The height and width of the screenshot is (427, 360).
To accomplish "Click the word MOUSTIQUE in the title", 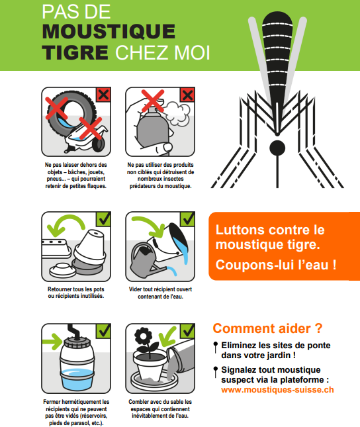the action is click(x=109, y=32).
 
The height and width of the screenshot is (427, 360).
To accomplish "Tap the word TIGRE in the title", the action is click(x=75, y=52).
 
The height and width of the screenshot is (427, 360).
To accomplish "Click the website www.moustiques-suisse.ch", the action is click(x=277, y=390).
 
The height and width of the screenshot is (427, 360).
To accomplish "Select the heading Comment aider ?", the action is click(x=267, y=328).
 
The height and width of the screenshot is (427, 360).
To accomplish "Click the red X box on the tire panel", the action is click(x=103, y=95).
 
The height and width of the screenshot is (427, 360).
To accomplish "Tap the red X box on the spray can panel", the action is click(x=187, y=95).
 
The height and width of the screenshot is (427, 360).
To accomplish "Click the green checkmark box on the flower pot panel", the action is click(x=187, y=331).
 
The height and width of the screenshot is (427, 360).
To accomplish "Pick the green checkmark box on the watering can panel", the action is click(x=187, y=219).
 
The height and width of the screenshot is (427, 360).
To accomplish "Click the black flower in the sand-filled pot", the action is click(x=143, y=336).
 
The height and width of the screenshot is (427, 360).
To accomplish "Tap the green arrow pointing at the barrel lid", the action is click(x=53, y=342).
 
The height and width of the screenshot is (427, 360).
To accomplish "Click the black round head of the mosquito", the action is click(x=277, y=148).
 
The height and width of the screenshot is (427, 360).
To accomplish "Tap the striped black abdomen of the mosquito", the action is click(x=277, y=63).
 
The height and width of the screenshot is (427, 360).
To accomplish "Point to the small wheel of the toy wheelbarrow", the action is click(x=99, y=145).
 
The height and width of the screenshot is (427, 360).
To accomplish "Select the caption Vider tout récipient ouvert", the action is click(x=160, y=289).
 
